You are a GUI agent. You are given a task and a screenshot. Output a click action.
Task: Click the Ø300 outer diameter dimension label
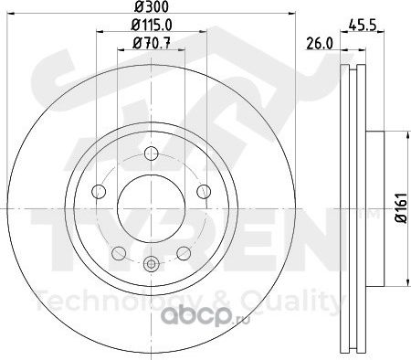coord(152,6)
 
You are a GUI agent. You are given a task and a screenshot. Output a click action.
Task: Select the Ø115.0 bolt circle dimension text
coord(152,25)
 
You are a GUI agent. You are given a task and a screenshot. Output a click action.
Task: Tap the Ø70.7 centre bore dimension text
coord(152,44)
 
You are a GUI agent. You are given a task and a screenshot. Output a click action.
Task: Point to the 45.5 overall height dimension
coord(362,25)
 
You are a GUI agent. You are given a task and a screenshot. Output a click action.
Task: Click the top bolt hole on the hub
coord(151,153)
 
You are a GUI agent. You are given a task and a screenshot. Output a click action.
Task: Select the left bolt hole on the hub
coord(99,191)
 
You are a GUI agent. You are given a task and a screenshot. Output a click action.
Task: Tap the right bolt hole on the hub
coord(204,191)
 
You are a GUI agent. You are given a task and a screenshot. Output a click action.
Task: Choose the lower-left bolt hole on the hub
coord(119,253)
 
